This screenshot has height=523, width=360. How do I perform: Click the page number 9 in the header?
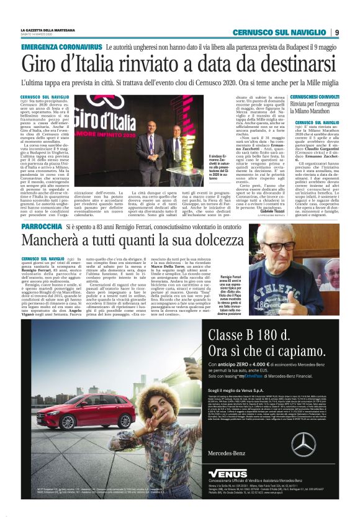[337, 32]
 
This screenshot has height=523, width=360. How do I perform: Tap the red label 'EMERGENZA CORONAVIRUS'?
[61, 47]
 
